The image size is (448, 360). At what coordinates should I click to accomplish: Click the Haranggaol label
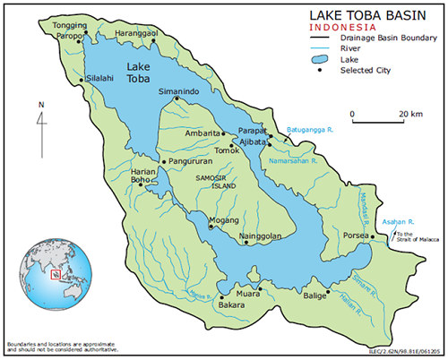(x=137, y=33)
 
